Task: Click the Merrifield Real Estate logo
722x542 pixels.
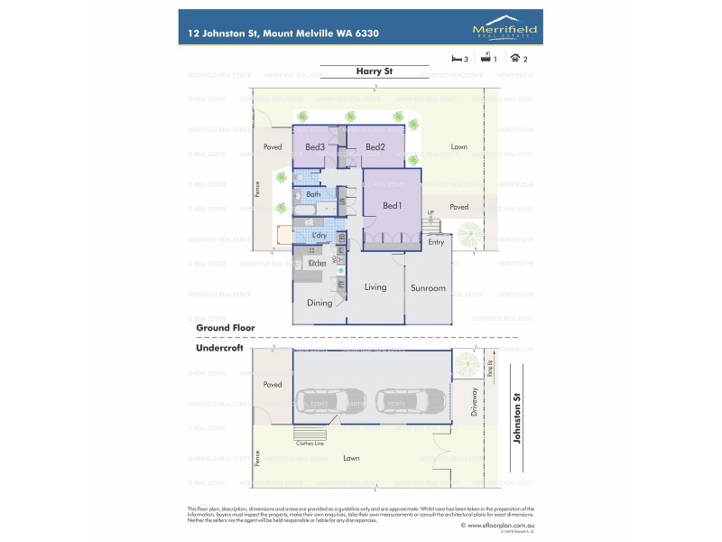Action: [x=505, y=31]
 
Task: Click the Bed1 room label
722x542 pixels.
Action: [x=392, y=206]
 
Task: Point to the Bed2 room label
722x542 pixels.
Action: [x=375, y=147]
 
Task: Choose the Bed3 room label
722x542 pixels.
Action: [x=315, y=147]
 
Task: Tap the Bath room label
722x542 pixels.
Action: [x=313, y=194]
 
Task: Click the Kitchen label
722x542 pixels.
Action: [x=317, y=263]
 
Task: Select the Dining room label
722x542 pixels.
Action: [x=319, y=304]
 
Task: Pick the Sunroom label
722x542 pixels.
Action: [x=428, y=288]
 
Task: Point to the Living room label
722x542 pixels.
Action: [x=375, y=287]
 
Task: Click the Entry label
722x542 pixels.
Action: [x=436, y=242]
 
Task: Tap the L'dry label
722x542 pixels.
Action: [x=319, y=236]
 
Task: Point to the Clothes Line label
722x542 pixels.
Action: [x=310, y=443]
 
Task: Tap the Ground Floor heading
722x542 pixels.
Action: [x=226, y=327]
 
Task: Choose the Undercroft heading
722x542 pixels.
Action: [x=220, y=348]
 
